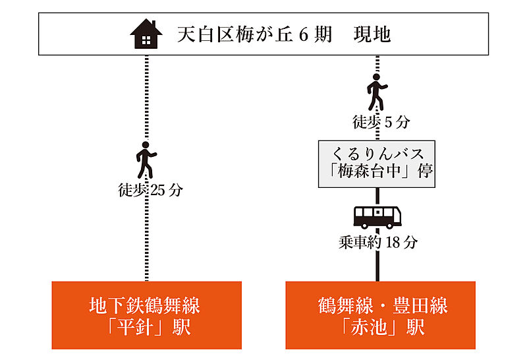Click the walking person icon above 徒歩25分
[146, 158]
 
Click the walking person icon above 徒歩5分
[376, 92]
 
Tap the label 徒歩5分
[381, 122]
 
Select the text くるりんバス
[377, 153]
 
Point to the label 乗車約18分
[378, 242]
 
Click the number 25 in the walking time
[158, 191]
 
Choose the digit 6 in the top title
[304, 34]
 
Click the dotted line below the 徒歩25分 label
[146, 237]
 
